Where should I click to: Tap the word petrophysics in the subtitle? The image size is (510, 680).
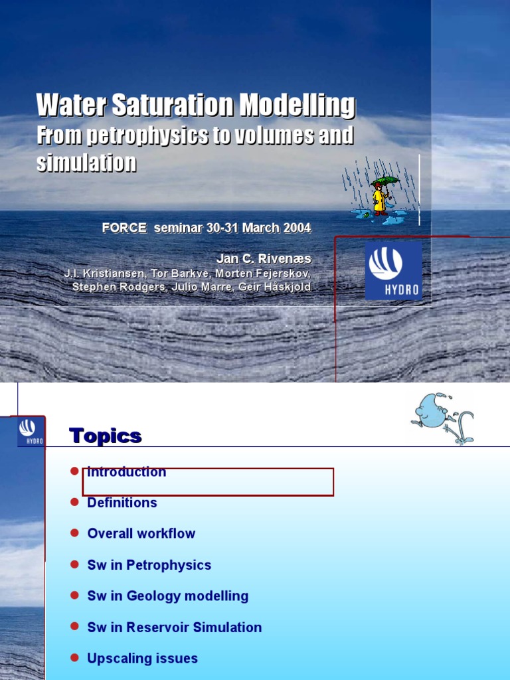coord(151,136)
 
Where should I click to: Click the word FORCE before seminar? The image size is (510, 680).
coord(124,228)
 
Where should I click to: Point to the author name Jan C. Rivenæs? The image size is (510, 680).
coord(264,258)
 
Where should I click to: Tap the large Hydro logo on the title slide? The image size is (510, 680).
coord(393,270)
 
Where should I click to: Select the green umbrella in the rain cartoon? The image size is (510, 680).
coord(385,181)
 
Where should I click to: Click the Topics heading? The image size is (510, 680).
coord(105,436)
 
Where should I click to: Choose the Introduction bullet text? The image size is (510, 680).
coord(127,472)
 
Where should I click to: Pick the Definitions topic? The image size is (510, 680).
coord(122,503)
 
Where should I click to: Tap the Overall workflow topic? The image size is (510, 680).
coord(141,534)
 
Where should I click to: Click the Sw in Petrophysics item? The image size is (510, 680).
coord(149,565)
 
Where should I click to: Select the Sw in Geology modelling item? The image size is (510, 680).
coord(168,596)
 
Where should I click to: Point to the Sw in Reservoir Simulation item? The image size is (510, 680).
coord(175,628)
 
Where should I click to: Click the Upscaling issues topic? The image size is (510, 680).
coord(143,659)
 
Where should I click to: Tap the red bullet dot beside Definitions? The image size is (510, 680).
coord(74,503)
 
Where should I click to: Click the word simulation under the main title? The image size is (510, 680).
coord(86,163)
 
